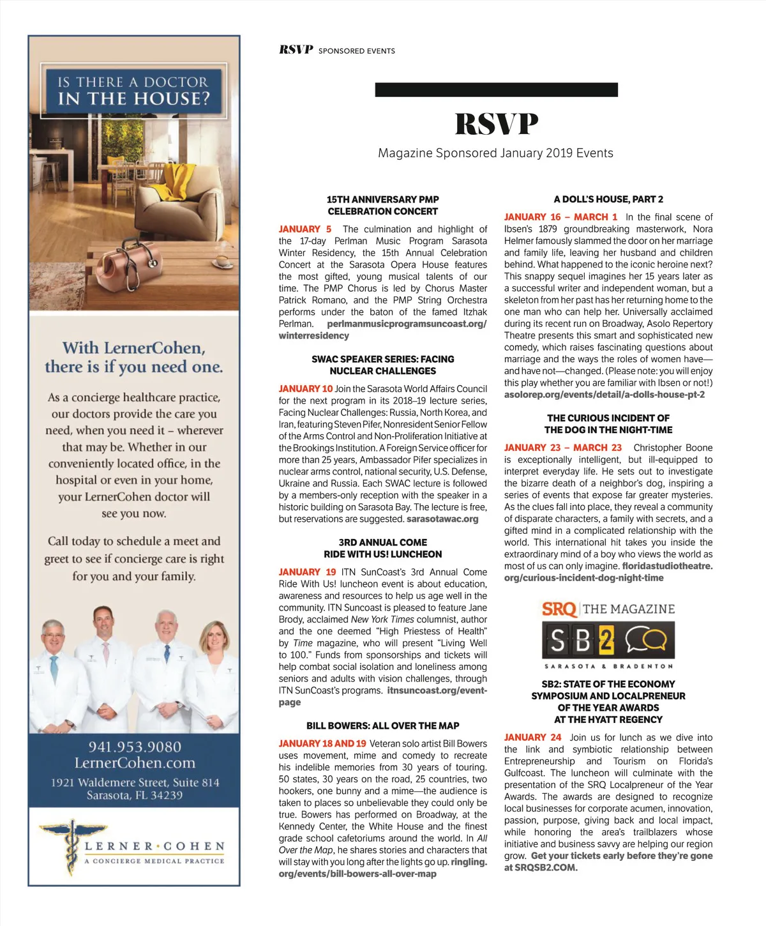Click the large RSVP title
496,124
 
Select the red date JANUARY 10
305,389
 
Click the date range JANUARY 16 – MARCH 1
560,217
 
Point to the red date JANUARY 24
532,738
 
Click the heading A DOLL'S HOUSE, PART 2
608,199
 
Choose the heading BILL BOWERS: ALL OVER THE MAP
382,726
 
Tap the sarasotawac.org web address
442,519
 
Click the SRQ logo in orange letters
559,609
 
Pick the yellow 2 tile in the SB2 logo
606,640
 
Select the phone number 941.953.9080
135,747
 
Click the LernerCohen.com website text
135,763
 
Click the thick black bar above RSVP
496,90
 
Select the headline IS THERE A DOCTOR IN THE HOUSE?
134,91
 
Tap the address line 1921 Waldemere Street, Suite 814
135,783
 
